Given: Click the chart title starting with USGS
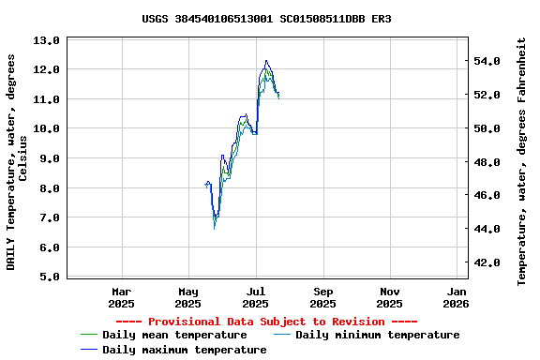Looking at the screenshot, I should pos(267,19).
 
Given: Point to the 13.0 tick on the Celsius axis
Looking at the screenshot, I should pos(46,40).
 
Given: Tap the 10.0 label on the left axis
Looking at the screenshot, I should pos(46,128).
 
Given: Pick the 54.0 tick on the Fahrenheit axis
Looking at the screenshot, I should pos(493,61).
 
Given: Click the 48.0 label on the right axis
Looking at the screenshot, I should pos(493,162).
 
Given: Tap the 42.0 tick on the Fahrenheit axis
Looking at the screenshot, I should pos(493,262).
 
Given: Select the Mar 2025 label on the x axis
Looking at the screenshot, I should pos(122,297).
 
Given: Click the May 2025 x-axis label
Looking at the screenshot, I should pos(188,297).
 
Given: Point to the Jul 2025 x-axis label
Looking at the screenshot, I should pos(256,297).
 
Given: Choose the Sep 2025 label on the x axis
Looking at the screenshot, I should pos(323,297).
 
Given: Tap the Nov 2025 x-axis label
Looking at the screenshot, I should pos(391,297).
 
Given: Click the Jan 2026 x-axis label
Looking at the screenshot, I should pos(457,297).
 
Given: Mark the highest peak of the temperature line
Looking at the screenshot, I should pos(266,61).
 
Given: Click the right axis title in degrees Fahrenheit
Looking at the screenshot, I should pos(522,161).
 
